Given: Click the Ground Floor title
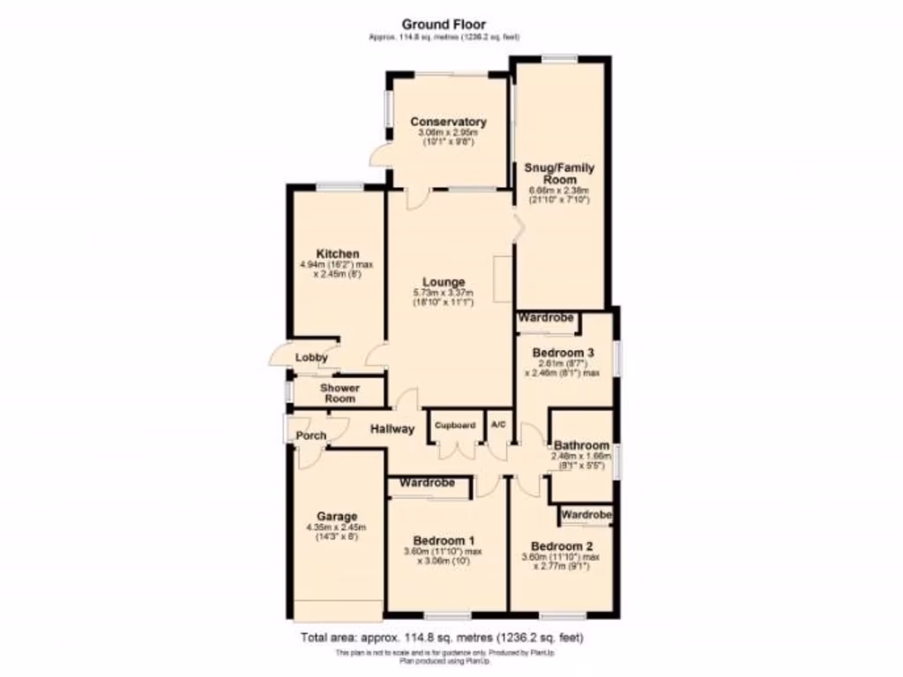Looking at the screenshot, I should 444,24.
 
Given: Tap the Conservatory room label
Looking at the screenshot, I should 448,122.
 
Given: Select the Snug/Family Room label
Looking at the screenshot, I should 559,174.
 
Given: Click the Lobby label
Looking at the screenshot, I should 311,358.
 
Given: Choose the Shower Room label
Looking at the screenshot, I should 339,393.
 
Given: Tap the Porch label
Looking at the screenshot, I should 310,435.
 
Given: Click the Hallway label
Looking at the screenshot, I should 392,429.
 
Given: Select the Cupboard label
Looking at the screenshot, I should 454,425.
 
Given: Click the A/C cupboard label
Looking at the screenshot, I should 498,425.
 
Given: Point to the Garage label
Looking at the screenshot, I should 336,517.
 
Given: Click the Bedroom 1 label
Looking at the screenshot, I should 446,540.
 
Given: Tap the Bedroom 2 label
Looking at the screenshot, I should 563,545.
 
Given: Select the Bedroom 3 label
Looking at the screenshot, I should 563,353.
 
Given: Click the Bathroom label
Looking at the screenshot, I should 580,445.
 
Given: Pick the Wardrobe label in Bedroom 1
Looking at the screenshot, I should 427,483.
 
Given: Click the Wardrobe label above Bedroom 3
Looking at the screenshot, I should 546,317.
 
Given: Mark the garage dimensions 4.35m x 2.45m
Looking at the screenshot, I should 336,527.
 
